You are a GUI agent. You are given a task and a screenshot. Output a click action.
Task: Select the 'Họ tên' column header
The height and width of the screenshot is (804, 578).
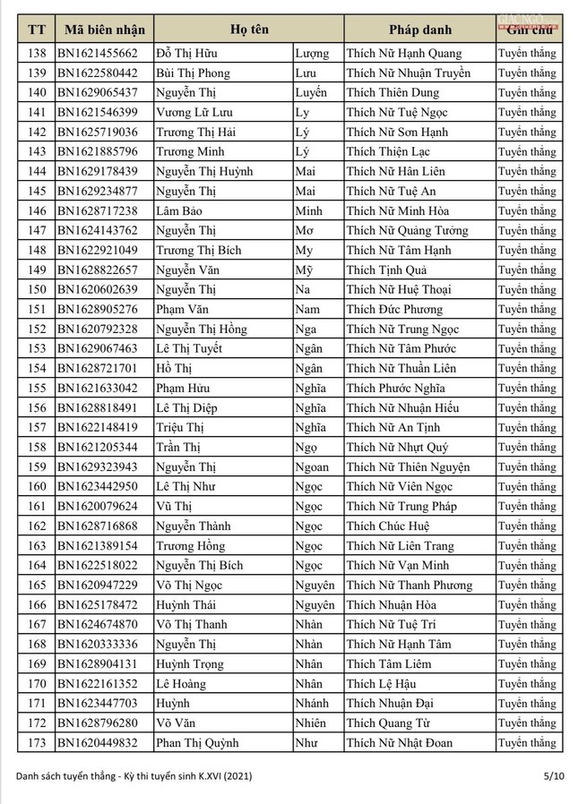tap(248, 30)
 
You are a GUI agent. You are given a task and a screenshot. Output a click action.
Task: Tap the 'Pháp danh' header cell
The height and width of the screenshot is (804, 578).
tap(418, 30)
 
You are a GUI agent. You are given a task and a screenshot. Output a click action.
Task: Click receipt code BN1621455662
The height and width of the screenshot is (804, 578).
tap(98, 54)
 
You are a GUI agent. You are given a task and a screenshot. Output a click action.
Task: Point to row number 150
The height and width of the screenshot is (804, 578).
tap(37, 290)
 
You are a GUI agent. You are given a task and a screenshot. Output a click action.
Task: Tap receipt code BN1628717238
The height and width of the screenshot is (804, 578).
tap(98, 211)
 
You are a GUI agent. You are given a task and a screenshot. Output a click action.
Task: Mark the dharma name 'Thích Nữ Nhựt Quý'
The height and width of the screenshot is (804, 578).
tap(398, 448)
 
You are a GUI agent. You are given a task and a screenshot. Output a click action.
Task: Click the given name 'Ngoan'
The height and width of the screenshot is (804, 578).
tap(312, 467)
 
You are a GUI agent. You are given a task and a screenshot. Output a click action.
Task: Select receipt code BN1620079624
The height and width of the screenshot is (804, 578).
tap(98, 507)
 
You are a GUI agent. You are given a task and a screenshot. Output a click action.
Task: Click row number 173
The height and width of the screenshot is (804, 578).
tap(37, 743)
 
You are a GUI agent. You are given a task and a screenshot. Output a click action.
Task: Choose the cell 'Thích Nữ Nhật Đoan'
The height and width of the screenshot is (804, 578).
tap(400, 743)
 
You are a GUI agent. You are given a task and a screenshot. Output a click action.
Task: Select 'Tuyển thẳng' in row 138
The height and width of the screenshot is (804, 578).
tap(527, 54)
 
